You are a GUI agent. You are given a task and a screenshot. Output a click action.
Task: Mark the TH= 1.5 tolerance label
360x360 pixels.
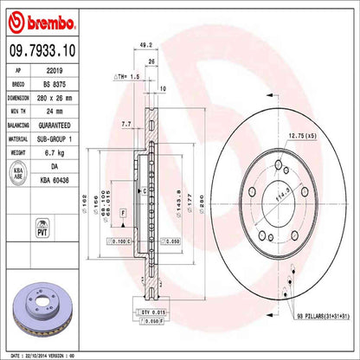[x=127, y=77]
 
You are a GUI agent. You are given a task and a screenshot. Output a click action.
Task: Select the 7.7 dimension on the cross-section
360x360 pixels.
[x=126, y=124]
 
